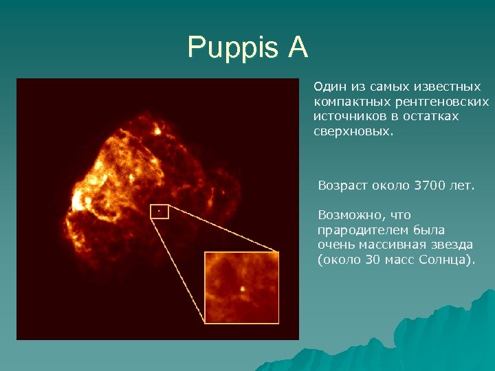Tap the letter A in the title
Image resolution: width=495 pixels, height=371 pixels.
pos(297,48)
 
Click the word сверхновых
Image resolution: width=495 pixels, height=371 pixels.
pos(353,131)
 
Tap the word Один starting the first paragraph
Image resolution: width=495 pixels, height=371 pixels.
pos(330,87)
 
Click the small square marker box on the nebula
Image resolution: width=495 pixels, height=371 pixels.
pos(159,212)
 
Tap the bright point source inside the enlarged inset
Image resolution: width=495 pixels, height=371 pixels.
pos(242,289)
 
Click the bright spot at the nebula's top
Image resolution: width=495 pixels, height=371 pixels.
pos(157,128)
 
